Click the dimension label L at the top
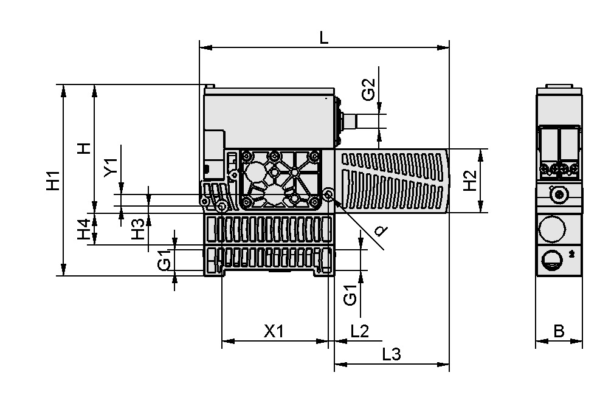point(324,37)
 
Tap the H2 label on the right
point(469,181)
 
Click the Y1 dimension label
point(110,167)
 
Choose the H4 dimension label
point(84,230)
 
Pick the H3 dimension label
point(139,229)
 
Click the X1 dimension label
point(274,331)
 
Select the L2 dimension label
point(360,331)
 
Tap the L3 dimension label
point(392,354)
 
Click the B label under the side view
point(559,332)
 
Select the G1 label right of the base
point(350,295)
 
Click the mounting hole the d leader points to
point(329,194)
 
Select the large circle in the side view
point(552,230)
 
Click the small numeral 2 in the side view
point(572,252)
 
